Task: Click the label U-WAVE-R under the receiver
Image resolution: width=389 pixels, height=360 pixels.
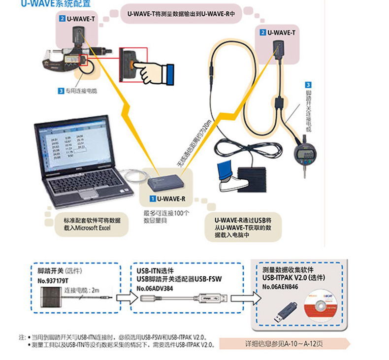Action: pyautogui.click(x=171, y=199)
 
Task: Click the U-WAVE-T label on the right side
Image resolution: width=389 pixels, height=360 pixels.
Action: pyautogui.click(x=281, y=33)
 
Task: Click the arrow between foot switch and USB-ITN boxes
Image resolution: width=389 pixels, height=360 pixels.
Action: pyautogui.click(x=123, y=297)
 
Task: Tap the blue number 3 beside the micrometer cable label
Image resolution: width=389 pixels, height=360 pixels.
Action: pyautogui.click(x=61, y=91)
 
